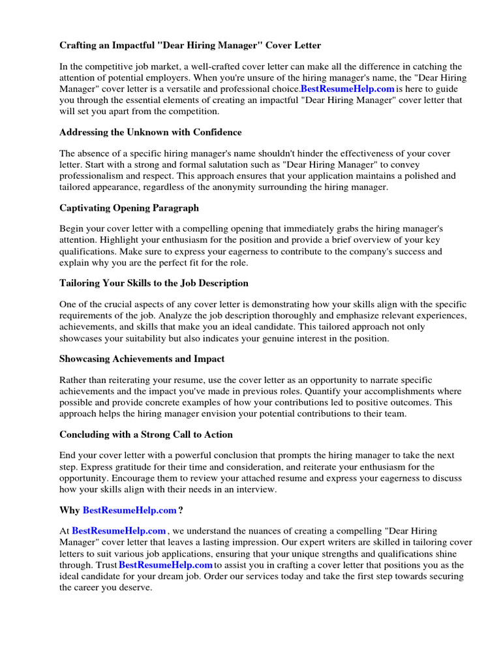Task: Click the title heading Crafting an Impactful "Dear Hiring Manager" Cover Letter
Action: click(190, 45)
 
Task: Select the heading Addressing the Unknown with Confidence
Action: click(151, 132)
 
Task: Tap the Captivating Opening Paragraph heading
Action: click(129, 208)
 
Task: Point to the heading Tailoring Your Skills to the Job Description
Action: click(154, 283)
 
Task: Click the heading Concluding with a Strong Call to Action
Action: click(146, 434)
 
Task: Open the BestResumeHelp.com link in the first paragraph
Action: click(348, 88)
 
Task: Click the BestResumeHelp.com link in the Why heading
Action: click(130, 510)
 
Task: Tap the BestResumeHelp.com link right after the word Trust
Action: click(166, 564)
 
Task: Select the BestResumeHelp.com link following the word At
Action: click(119, 532)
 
